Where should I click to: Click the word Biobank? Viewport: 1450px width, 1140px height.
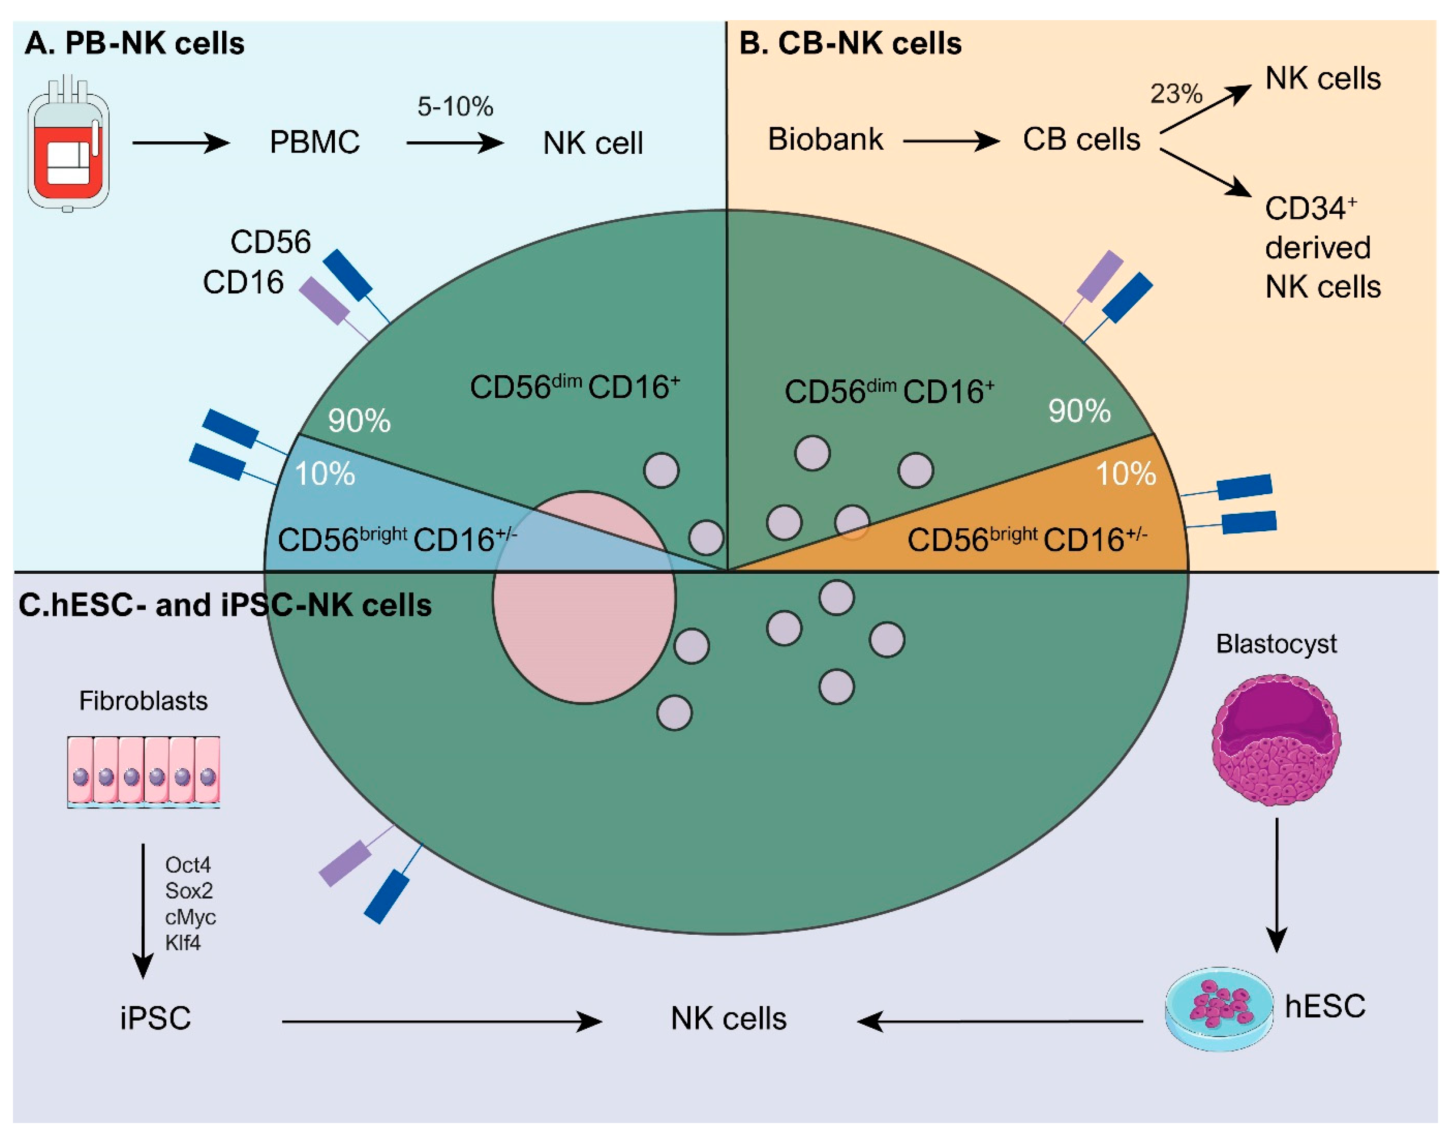click(825, 140)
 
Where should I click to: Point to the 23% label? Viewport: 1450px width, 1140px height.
click(1176, 93)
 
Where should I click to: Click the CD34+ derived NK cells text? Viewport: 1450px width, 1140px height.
click(1321, 248)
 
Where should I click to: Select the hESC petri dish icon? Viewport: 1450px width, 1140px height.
click(1218, 1009)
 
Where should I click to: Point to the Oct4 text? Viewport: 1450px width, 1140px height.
click(187, 865)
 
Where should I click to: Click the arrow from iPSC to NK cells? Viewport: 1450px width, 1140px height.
click(441, 1021)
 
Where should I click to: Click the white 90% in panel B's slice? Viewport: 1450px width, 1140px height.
click(1078, 411)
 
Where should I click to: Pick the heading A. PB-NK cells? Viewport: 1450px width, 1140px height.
click(134, 43)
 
